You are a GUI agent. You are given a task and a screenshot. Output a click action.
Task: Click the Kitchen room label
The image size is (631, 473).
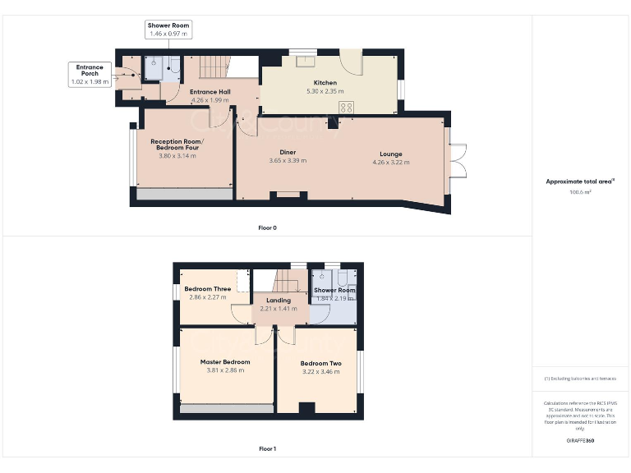325,82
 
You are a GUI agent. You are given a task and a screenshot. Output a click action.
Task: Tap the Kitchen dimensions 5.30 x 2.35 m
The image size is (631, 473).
325,91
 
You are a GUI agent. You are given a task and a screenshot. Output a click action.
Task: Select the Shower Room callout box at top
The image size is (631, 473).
168,30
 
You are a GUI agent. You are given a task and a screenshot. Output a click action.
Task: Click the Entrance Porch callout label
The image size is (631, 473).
90,74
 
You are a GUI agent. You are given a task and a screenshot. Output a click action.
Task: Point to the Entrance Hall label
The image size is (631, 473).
210,91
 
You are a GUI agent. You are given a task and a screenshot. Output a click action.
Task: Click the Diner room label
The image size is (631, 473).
288,152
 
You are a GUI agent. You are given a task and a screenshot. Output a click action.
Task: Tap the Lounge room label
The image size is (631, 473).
390,154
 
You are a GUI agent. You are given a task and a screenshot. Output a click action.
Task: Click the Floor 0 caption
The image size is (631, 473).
267,227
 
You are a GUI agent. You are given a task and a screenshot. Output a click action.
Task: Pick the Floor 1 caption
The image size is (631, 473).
267,449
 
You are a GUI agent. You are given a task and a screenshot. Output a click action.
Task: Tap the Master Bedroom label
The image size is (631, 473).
225,361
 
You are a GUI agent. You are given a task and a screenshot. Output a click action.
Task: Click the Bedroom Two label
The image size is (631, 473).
320,363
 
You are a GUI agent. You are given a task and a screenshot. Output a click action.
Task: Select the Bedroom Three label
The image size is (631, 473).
207,289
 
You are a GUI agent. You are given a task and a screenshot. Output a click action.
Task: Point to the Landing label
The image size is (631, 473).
278,301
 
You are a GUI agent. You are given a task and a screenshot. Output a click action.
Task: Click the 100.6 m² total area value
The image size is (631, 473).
581,192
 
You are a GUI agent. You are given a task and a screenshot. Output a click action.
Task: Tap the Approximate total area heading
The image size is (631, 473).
580,181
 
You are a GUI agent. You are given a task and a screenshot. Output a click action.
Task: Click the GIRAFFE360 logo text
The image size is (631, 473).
580,442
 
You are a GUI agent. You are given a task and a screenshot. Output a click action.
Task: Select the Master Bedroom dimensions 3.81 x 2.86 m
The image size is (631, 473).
225,370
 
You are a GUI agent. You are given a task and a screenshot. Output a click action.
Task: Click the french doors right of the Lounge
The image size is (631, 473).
458,161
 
